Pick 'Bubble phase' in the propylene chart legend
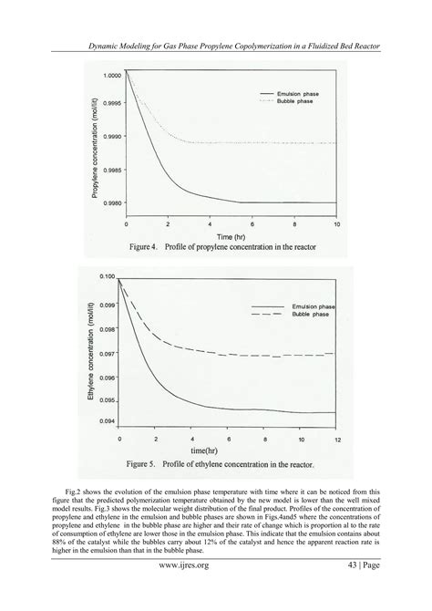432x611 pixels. point(290,102)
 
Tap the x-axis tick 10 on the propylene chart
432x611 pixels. point(337,223)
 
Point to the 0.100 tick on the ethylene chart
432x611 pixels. point(108,275)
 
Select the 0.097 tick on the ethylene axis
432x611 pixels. point(108,353)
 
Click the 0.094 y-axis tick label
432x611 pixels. point(108,420)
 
